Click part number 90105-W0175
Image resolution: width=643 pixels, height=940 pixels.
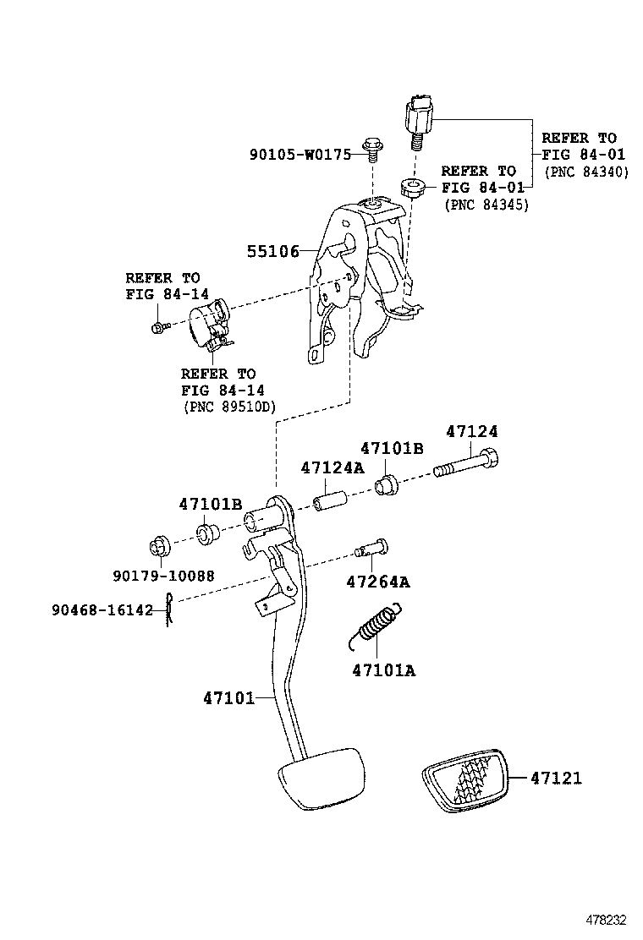pos(300,155)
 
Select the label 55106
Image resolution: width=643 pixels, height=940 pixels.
pos(272,251)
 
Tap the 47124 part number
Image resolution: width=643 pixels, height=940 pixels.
pos(471,431)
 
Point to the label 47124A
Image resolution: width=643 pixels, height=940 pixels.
pos(332,467)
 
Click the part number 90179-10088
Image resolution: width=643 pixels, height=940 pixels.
pos(162,577)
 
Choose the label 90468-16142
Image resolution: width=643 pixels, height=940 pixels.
pos(102,609)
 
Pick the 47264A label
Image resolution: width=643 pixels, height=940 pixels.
pos(377,582)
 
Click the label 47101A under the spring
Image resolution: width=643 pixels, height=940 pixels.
pos(383,671)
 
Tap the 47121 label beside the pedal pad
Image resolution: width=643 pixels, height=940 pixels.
pos(555,778)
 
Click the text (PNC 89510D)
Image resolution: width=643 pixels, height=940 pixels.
pos(229,406)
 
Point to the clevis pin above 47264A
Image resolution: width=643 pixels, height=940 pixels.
pos(370,548)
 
